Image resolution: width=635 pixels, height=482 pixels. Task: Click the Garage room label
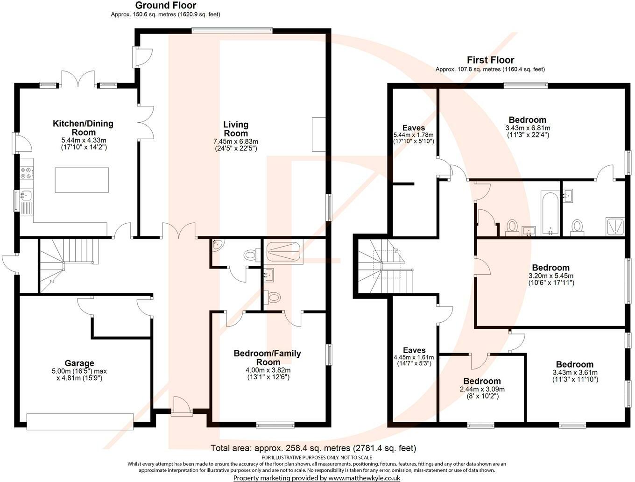pos(79,363)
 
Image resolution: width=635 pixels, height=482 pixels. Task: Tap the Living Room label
pos(236,129)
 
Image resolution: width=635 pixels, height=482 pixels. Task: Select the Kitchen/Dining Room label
pos(83,128)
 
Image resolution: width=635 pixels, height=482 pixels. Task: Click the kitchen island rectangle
pos(82,180)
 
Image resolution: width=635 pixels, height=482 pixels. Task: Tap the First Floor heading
pos(490,60)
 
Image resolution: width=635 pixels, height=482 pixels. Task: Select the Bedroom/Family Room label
pos(267,358)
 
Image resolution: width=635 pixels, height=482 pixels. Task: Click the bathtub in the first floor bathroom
pos(550,213)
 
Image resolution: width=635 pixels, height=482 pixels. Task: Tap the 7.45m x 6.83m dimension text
pos(236,142)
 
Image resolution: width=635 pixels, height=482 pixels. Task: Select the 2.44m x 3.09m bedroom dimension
pos(482,389)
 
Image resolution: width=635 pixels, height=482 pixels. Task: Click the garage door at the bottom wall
pos(80,421)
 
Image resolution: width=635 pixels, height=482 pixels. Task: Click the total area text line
pos(313,448)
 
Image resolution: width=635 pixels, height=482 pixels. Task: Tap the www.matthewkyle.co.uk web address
pos(364,478)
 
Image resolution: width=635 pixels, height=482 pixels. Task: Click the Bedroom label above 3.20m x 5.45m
pos(550,268)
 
